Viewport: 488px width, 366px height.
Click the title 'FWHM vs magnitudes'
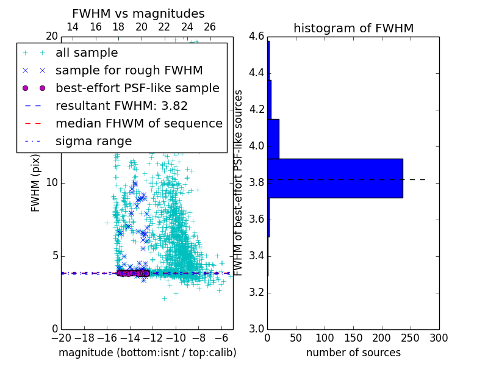pos(138,14)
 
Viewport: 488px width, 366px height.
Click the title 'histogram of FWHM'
pos(353,28)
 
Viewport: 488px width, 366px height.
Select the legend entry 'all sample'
pos(87,53)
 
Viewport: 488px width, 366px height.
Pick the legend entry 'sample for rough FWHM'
pos(129,70)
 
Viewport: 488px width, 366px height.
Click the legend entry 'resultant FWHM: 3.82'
pos(121,106)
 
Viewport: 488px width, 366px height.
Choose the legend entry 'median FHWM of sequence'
pos(138,123)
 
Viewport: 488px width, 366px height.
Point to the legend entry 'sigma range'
pos(93,141)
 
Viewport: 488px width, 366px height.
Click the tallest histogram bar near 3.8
pos(335,178)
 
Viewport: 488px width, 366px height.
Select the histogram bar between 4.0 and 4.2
pos(273,138)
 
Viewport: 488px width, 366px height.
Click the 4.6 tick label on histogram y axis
pos(256,37)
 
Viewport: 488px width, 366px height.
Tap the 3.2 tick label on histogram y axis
pos(256,292)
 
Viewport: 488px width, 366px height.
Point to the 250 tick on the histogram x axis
pos(411,337)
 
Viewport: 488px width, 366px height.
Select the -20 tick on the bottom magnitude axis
pos(61,337)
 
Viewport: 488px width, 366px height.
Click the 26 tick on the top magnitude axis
pos(210,27)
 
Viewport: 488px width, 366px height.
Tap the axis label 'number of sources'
pos(353,353)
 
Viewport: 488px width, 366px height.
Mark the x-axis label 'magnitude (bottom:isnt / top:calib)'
pos(147,353)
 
